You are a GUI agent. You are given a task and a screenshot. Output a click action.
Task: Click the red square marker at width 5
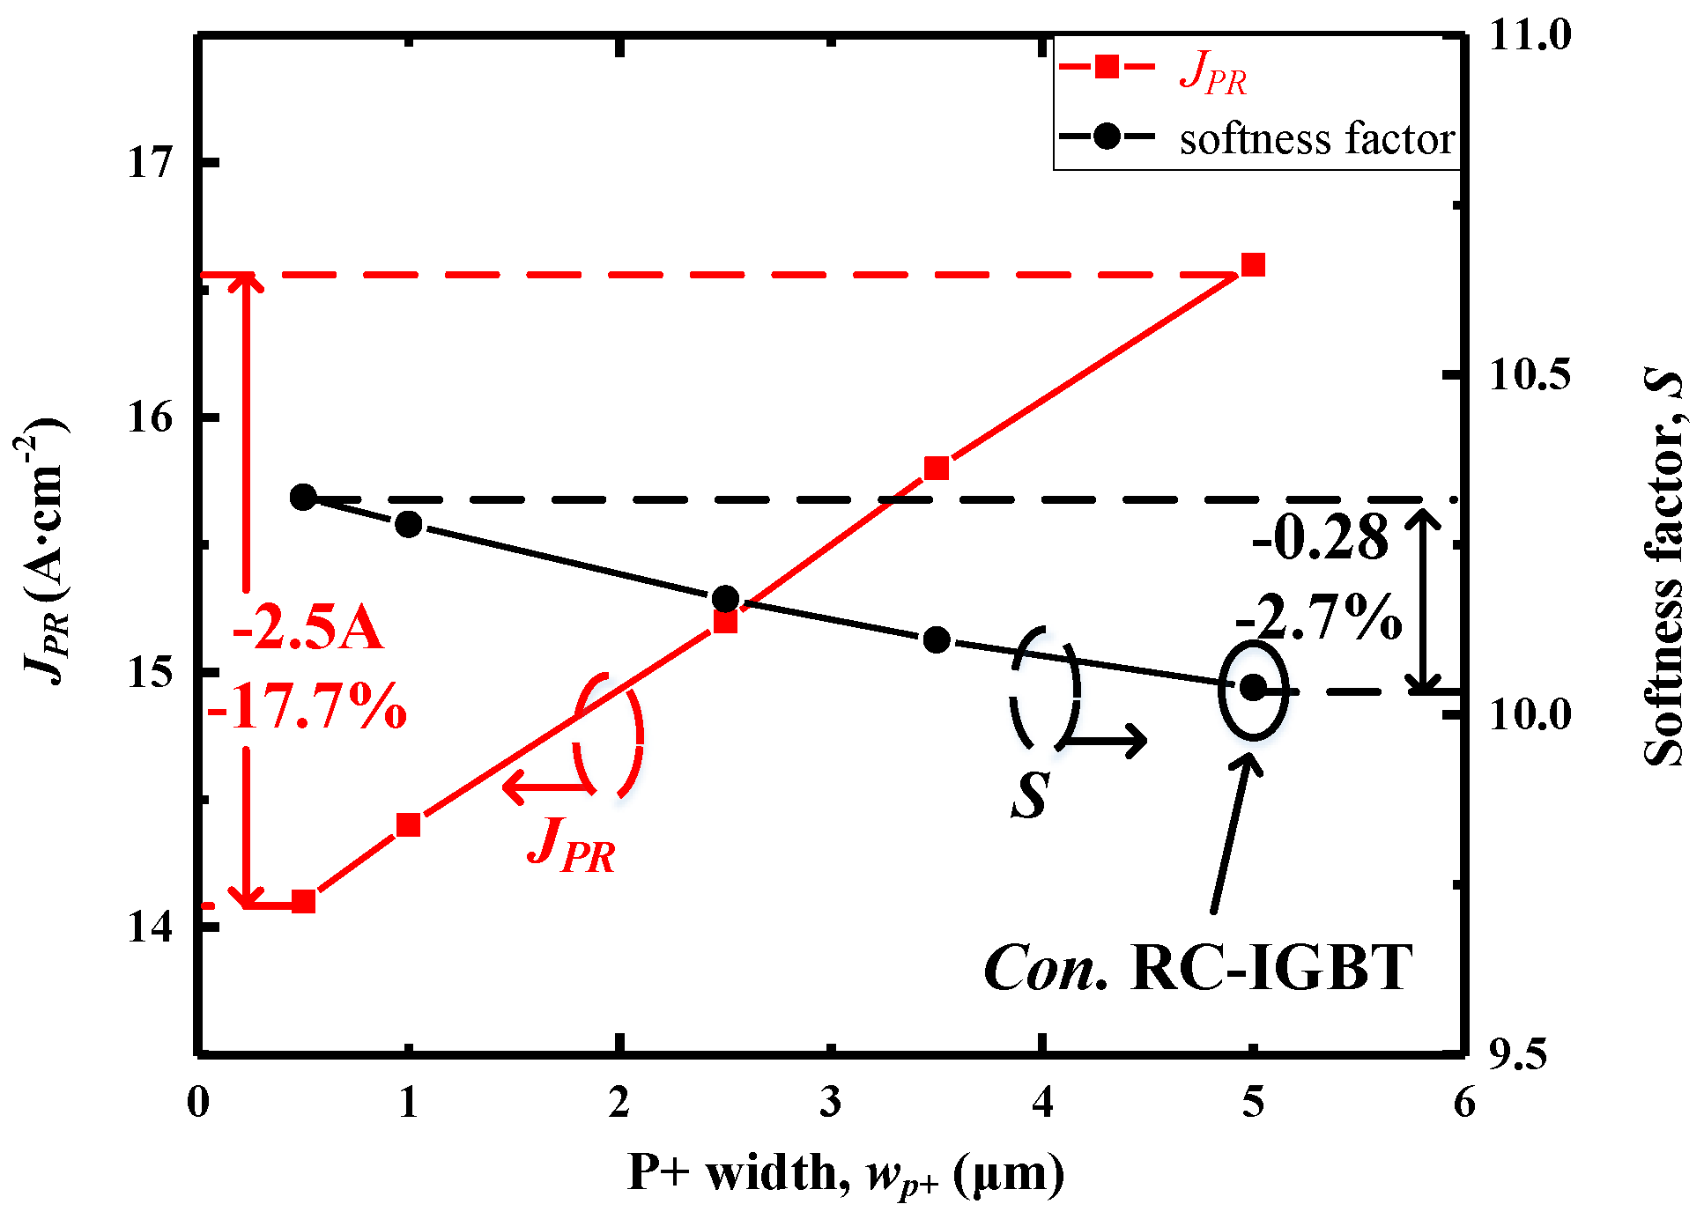tap(1252, 265)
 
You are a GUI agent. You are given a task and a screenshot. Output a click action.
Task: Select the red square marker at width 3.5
tap(936, 468)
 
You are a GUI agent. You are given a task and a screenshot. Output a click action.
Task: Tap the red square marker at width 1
tap(408, 824)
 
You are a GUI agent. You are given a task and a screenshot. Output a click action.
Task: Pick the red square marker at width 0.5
tap(303, 901)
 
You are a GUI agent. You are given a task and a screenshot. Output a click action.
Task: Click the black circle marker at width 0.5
tap(303, 497)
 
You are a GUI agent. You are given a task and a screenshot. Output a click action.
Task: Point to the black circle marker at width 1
tap(408, 524)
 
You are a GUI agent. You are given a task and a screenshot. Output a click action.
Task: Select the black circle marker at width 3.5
tap(936, 639)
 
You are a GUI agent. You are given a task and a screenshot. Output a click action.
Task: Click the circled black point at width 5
tap(1252, 688)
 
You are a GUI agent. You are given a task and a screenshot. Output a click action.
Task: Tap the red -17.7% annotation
tap(307, 706)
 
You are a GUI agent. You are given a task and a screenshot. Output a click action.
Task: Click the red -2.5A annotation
tap(307, 629)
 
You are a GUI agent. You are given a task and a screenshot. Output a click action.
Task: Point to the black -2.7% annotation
tap(1319, 617)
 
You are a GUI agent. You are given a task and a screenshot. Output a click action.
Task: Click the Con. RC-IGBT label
tap(1198, 968)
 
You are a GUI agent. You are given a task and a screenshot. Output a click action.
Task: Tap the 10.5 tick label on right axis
tap(1530, 376)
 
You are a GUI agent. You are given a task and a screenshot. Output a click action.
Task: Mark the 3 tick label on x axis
tap(830, 1102)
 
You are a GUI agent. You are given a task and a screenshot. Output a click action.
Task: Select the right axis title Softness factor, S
tap(1663, 568)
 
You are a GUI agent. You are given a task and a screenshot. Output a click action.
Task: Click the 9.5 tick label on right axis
tap(1517, 1054)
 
